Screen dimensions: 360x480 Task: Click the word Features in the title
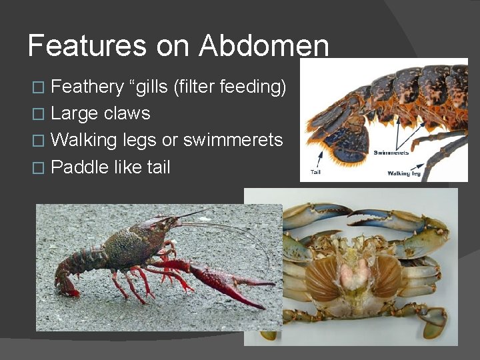pos(87,46)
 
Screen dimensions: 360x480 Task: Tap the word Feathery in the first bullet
pos(87,87)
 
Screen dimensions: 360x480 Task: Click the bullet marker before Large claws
pos(39,114)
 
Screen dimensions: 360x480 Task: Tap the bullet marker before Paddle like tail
pos(39,167)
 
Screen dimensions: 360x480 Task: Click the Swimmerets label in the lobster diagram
pos(391,153)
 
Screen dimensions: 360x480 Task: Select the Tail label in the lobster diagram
pos(316,173)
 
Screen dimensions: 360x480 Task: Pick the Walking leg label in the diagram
pos(403,173)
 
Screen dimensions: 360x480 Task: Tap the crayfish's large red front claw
pos(227,280)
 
